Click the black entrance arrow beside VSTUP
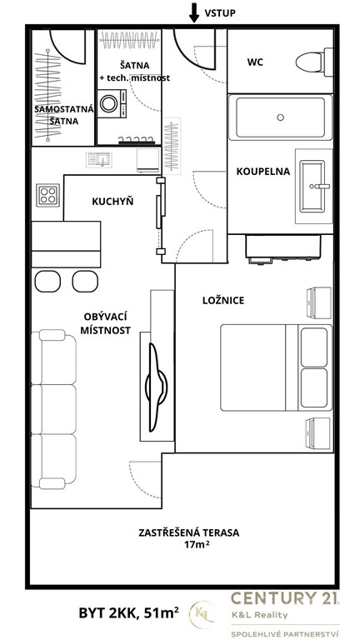(194, 12)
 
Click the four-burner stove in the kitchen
(47, 195)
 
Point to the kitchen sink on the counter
(99, 159)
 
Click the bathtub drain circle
(280, 117)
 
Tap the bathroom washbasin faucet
(320, 187)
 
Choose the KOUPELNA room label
(263, 172)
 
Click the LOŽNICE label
(223, 301)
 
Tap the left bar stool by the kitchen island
(47, 281)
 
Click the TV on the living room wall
(157, 387)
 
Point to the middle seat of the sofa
(54, 409)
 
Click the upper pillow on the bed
(314, 347)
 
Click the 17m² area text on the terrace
(188, 544)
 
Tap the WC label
(255, 62)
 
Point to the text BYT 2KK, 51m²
(129, 613)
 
